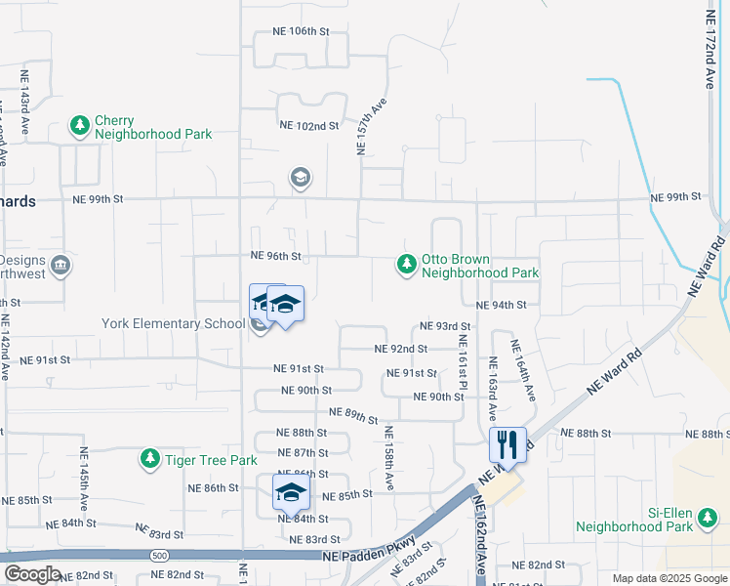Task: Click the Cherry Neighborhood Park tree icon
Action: point(79,126)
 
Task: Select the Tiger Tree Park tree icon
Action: point(149,459)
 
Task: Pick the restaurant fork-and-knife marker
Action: point(507,445)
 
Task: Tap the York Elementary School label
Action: point(174,323)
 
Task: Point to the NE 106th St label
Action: point(297,31)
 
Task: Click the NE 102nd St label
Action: point(308,125)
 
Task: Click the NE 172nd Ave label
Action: point(710,51)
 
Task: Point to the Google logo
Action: point(32,574)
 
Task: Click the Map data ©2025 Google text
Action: point(669,578)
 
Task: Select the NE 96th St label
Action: point(275,256)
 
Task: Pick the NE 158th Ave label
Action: point(388,458)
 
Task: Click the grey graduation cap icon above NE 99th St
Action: point(300,178)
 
